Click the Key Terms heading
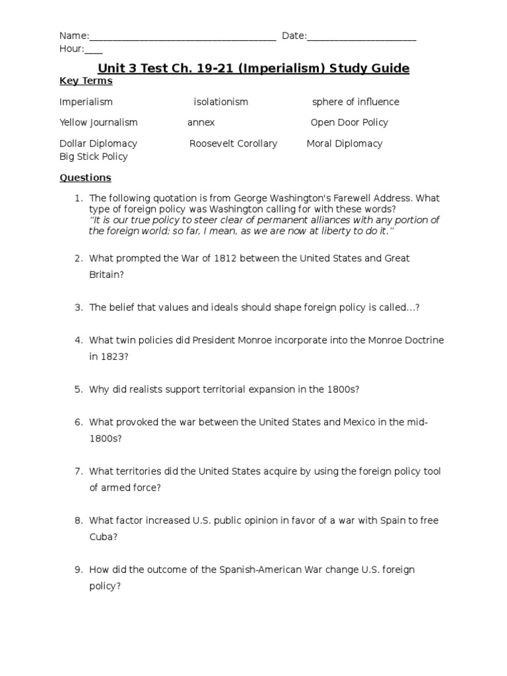coord(86,81)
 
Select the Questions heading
coord(85,178)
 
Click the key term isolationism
coord(220,102)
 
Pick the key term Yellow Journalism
coord(98,123)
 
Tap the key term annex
coord(201,123)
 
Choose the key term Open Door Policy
coord(349,123)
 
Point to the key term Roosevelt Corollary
coord(233,144)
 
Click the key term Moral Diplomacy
coord(344,144)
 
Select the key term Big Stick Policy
coord(93,157)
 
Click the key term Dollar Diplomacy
coord(98,144)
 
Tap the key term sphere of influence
coord(355,102)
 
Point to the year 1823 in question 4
coord(114,356)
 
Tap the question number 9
coord(78,570)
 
